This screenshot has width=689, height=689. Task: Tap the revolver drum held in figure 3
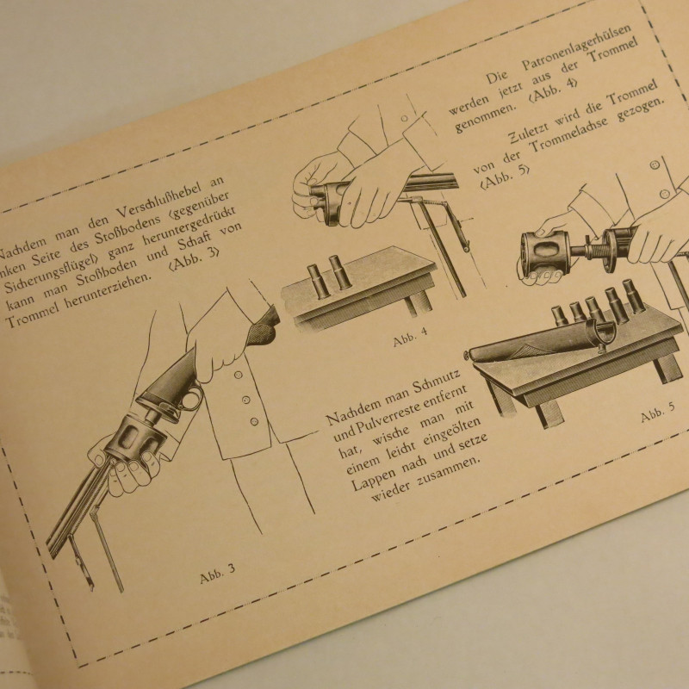[x=130, y=438]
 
